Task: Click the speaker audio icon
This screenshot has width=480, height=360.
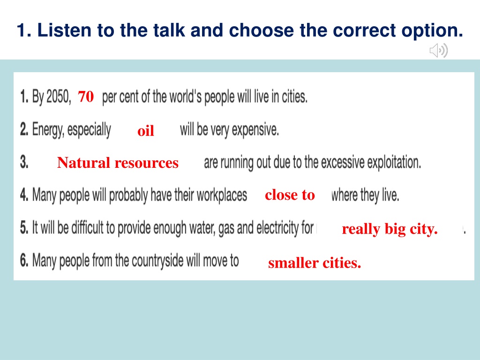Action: (x=439, y=51)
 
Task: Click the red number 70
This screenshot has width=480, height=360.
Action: (x=86, y=97)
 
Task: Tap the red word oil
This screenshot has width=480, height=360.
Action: (x=146, y=131)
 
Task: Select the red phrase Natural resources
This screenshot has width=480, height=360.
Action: (x=118, y=163)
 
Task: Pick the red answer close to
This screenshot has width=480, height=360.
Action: (x=290, y=195)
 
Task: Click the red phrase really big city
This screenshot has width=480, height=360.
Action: (x=390, y=229)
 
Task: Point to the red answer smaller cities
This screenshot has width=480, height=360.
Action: (x=315, y=263)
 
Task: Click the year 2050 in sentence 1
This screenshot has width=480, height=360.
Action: (x=59, y=97)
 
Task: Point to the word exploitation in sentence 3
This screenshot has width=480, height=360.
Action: (x=394, y=162)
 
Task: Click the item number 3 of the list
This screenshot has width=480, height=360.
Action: (x=24, y=162)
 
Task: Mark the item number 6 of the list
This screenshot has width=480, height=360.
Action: (x=24, y=261)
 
